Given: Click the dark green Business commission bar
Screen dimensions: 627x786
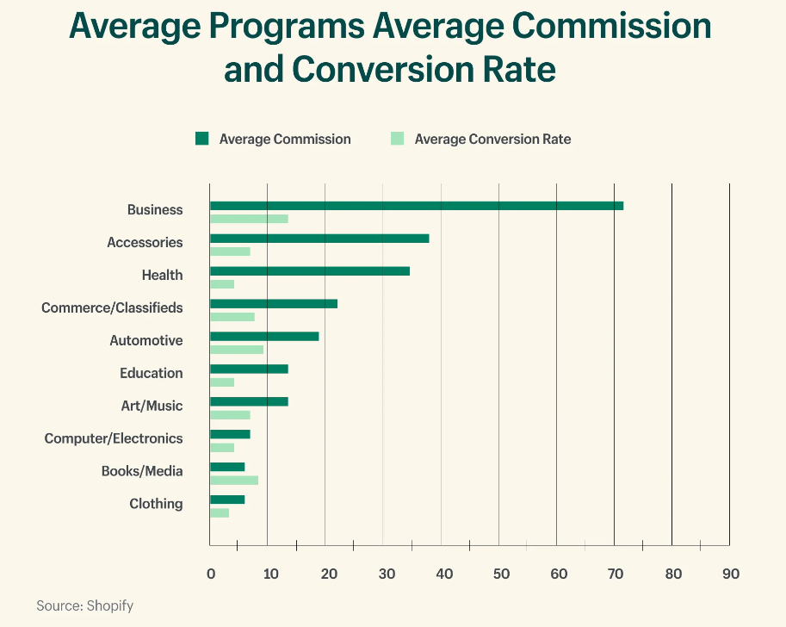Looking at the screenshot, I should pyautogui.click(x=416, y=206).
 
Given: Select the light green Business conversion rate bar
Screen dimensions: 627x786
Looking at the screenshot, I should pyautogui.click(x=249, y=219).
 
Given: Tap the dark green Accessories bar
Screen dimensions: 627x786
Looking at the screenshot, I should pyautogui.click(x=319, y=239).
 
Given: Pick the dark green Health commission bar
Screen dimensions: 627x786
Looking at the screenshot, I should pyautogui.click(x=309, y=270).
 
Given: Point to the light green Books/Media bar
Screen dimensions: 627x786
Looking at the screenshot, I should pyautogui.click(x=233, y=480).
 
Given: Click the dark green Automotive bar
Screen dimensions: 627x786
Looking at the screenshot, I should pyautogui.click(x=263, y=336).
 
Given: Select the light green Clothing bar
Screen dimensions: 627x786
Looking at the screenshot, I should pyautogui.click(x=219, y=512).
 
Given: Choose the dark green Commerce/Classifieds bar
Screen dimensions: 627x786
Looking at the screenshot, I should pyautogui.click(x=273, y=303).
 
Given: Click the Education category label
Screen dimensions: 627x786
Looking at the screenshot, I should pyautogui.click(x=152, y=373).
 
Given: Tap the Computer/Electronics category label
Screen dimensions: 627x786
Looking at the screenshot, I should pyautogui.click(x=114, y=438).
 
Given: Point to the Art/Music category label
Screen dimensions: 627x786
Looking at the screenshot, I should pyautogui.click(x=152, y=406).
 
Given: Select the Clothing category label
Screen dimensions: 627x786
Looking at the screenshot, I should pyautogui.click(x=156, y=504).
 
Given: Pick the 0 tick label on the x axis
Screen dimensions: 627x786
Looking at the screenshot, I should pyautogui.click(x=210, y=574).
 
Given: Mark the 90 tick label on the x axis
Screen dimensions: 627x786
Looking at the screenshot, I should pyautogui.click(x=730, y=574).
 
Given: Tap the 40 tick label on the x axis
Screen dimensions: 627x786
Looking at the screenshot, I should pyautogui.click(x=441, y=574).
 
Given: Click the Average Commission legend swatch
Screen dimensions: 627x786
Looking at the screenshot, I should pyautogui.click(x=202, y=139).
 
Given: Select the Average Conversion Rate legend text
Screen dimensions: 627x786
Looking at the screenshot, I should pyautogui.click(x=492, y=139).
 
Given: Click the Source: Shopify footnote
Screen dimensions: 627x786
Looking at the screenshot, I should pyautogui.click(x=84, y=605).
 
